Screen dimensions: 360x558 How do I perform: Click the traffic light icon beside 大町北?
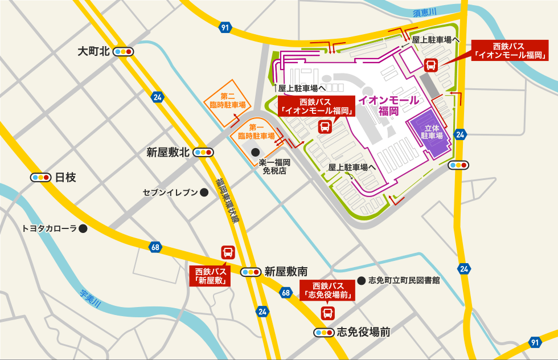[123, 52]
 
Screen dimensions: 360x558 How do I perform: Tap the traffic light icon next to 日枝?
[41, 177]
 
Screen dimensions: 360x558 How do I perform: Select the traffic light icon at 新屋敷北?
[203, 153]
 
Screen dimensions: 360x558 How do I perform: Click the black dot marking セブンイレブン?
[203, 193]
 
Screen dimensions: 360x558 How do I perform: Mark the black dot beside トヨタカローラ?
[83, 229]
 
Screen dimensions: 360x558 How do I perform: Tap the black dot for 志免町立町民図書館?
[360, 280]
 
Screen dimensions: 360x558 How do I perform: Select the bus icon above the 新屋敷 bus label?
[227, 252]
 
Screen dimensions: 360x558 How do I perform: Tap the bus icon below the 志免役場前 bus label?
[328, 313]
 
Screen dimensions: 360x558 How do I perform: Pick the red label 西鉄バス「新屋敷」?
[211, 276]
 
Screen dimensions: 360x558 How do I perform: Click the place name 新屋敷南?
[286, 272]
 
